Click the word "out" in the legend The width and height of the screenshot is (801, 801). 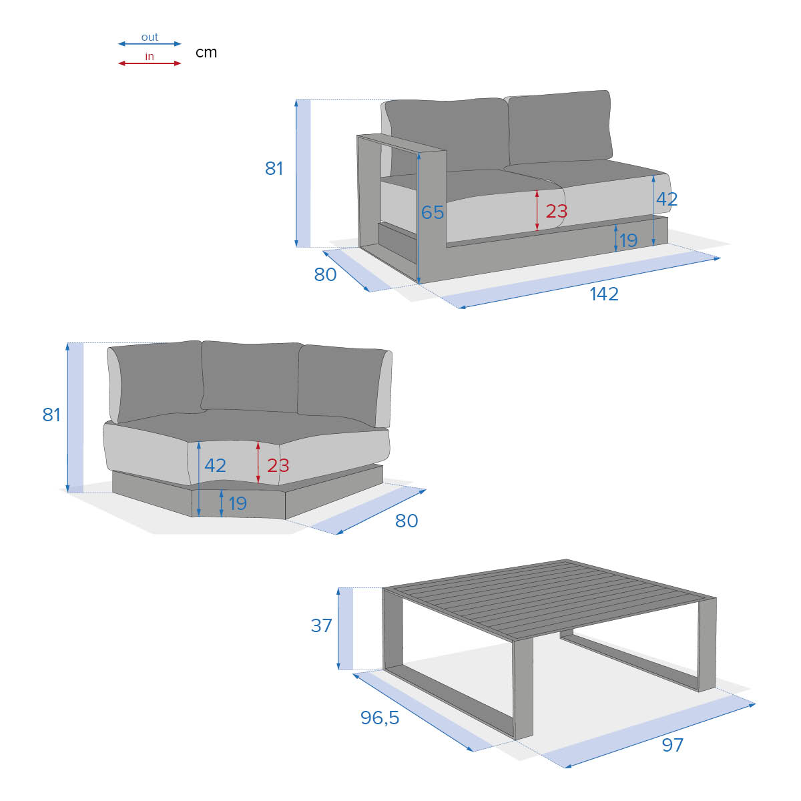tap(150, 37)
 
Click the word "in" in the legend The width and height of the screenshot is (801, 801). tap(150, 56)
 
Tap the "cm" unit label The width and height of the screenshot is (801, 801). tap(206, 52)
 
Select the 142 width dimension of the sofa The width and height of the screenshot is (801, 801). tap(604, 294)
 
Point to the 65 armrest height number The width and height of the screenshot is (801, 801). tap(433, 212)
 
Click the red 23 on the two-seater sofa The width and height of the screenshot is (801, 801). tap(557, 211)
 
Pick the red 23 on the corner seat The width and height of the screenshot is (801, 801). tap(278, 465)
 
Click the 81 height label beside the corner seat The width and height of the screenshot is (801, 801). tap(51, 415)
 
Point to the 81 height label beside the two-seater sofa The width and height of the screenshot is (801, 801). tap(274, 168)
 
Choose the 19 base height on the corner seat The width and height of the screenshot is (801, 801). tap(238, 504)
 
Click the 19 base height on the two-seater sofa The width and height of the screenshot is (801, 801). tap(628, 240)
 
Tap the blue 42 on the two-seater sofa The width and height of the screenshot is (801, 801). tap(667, 200)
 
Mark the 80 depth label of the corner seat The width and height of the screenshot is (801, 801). tap(407, 521)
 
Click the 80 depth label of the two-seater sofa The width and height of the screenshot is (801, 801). tap(325, 274)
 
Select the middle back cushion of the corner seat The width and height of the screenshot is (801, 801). tap(251, 376)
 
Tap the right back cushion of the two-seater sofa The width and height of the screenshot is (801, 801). tap(559, 127)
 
